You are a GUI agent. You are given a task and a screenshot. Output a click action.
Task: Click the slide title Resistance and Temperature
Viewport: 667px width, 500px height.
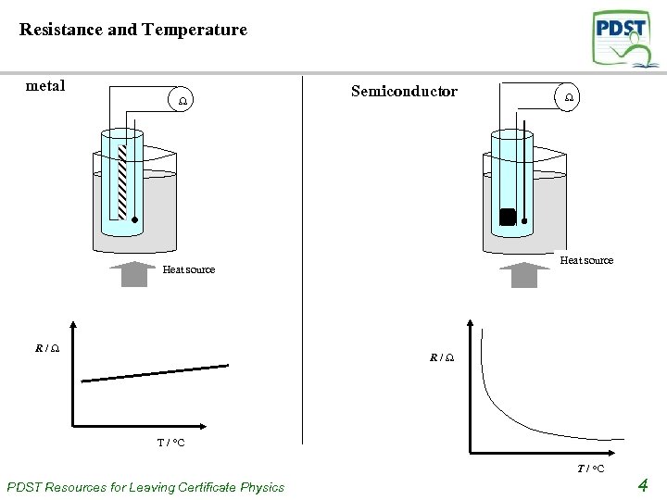tap(133, 30)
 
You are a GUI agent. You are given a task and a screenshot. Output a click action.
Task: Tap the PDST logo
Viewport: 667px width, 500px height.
tap(625, 39)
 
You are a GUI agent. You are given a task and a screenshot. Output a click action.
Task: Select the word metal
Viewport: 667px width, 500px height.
tap(45, 86)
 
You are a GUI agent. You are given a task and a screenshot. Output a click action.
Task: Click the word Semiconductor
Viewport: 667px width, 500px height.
tap(404, 91)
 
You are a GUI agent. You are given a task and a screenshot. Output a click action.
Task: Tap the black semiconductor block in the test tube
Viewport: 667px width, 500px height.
tap(507, 217)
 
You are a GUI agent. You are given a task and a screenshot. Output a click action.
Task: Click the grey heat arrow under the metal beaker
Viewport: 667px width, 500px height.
tap(134, 274)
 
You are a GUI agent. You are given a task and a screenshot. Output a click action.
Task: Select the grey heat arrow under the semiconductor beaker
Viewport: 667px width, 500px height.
tap(524, 275)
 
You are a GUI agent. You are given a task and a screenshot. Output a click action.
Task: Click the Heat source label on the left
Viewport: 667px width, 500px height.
tap(188, 269)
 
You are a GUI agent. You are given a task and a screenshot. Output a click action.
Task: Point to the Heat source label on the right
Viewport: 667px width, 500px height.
tap(586, 260)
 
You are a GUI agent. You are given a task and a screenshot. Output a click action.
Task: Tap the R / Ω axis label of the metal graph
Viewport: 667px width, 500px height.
tap(48, 349)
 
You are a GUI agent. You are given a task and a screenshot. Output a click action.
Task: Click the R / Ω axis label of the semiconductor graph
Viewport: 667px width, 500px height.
tap(441, 357)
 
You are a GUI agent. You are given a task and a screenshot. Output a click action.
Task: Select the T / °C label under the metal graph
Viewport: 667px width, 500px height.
tap(170, 443)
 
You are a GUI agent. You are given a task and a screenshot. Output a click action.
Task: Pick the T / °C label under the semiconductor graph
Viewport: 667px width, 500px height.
tap(590, 469)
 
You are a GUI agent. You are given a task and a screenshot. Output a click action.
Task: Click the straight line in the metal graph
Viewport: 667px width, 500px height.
tap(155, 373)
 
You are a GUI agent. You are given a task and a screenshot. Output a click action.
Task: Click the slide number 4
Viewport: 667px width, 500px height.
tap(643, 484)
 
